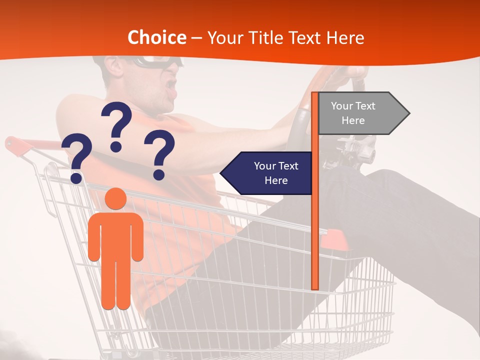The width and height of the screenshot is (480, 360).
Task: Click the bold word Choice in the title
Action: [156, 37]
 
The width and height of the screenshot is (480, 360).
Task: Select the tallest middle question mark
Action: [116, 126]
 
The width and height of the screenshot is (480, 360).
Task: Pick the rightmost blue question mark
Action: [159, 154]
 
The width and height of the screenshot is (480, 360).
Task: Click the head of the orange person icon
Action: [116, 199]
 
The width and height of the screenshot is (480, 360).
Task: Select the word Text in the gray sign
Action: [364, 106]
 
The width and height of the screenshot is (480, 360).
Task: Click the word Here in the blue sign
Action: [276, 180]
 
